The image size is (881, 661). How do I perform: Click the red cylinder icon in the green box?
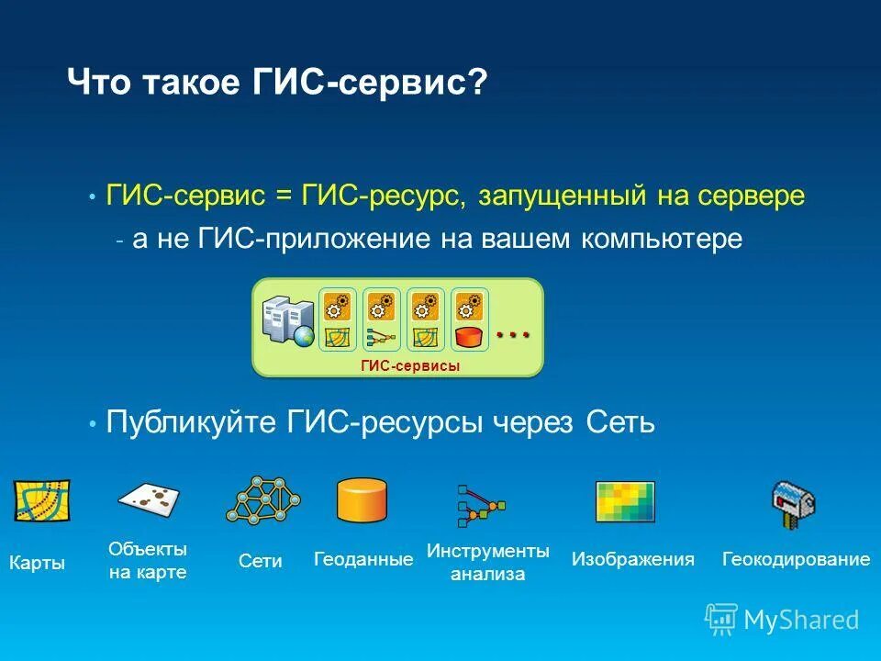coord(469,337)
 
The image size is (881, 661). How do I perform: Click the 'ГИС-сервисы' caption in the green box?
coord(409,365)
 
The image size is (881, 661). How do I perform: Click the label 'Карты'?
coord(37,563)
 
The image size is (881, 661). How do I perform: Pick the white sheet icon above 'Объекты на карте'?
coord(149,498)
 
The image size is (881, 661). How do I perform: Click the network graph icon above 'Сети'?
coord(263,501)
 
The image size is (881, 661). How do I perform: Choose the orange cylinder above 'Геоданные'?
coord(361,500)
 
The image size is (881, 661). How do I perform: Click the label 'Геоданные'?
coord(363,558)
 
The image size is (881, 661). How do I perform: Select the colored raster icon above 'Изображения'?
coord(625,501)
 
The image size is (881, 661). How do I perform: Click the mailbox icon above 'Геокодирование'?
coord(793,503)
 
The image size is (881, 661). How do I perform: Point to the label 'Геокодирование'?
coord(796,558)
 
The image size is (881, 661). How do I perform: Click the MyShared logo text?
coord(801,620)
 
